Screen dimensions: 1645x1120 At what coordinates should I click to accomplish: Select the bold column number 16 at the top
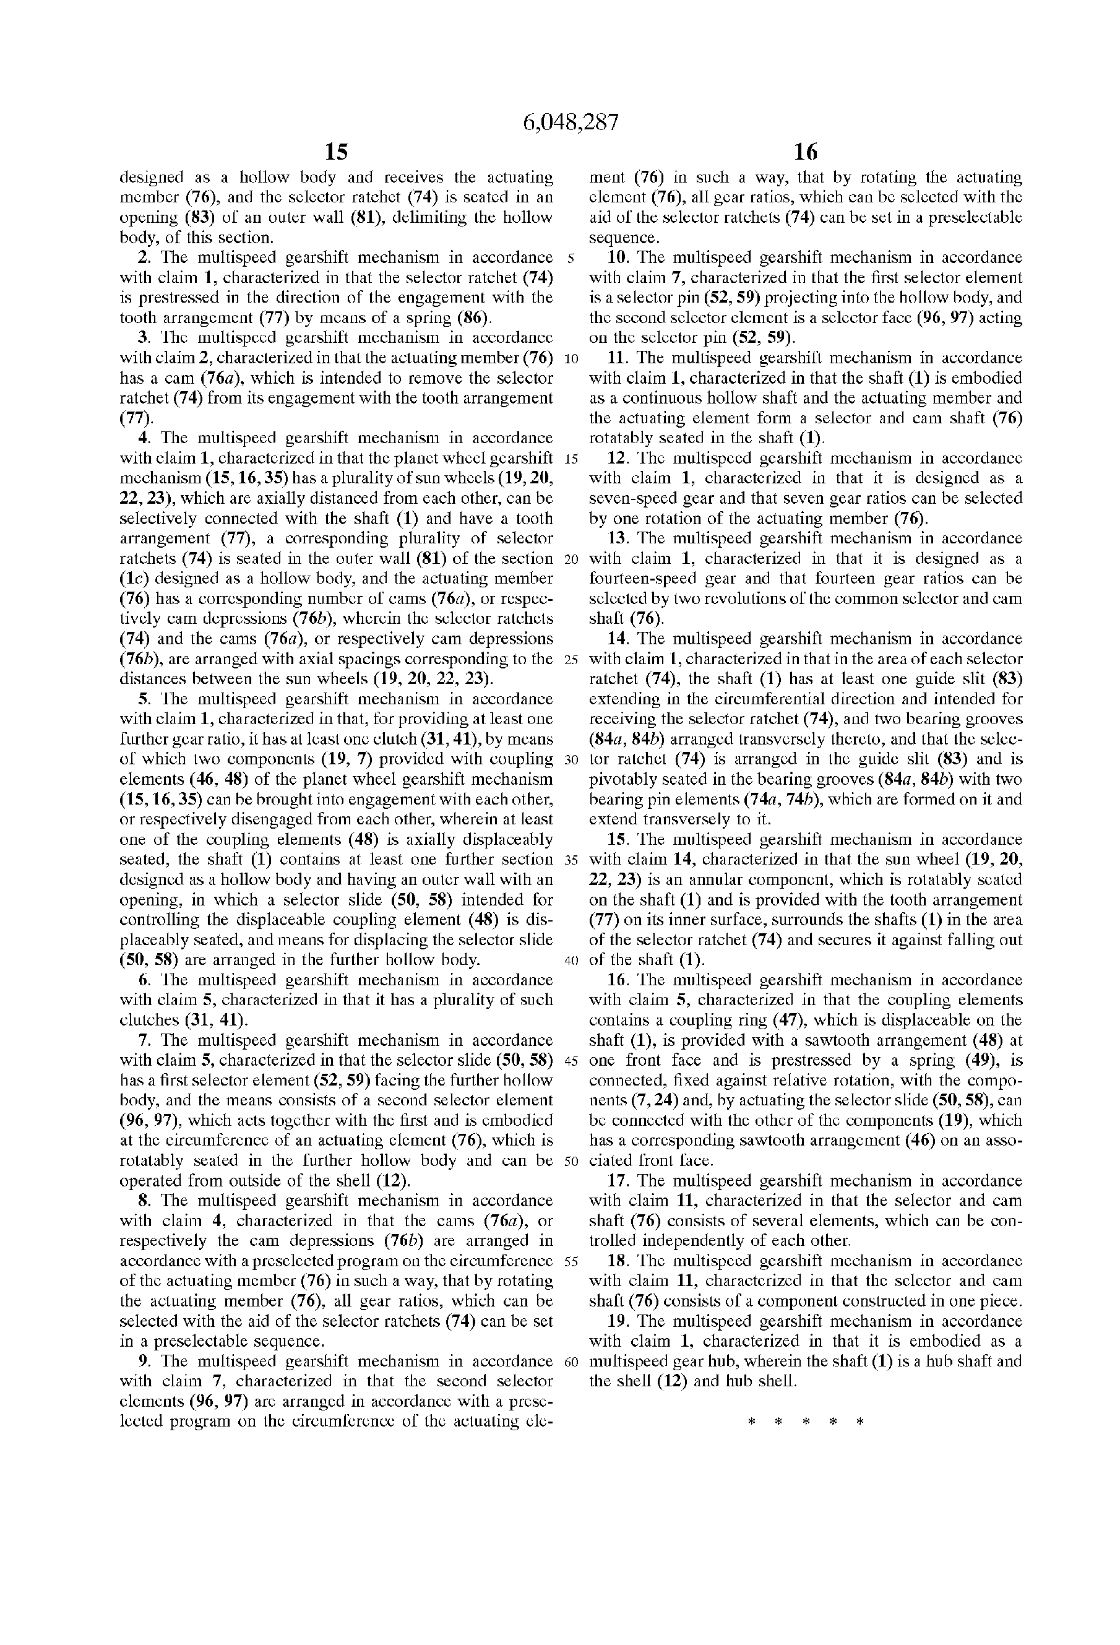point(805,152)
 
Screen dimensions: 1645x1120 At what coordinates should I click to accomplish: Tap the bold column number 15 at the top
point(336,152)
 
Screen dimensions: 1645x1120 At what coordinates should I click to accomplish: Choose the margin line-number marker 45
point(572,1060)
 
